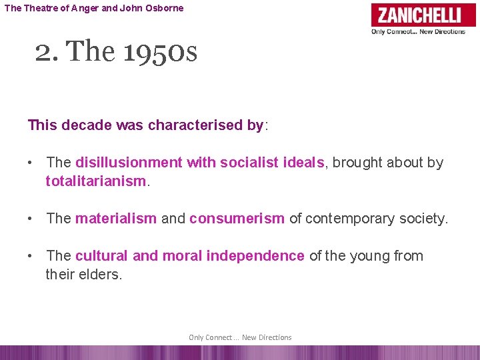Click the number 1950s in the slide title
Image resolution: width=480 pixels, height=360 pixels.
coord(160,51)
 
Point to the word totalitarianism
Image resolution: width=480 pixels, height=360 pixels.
coord(95,181)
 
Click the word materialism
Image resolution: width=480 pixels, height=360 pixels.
coord(116,219)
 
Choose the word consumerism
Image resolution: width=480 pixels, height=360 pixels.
coord(237,219)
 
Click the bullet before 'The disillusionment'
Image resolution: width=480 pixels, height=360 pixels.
coord(31,163)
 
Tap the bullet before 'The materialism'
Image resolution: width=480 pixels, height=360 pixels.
coord(31,219)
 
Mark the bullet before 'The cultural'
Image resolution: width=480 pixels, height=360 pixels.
coord(31,256)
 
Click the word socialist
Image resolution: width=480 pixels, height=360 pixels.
coord(247,162)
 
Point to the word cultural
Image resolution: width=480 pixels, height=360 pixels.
coord(102,256)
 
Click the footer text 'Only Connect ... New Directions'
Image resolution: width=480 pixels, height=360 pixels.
coord(240,337)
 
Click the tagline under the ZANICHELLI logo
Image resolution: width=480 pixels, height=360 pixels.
coord(418,31)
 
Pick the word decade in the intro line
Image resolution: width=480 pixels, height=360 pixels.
coord(85,125)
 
